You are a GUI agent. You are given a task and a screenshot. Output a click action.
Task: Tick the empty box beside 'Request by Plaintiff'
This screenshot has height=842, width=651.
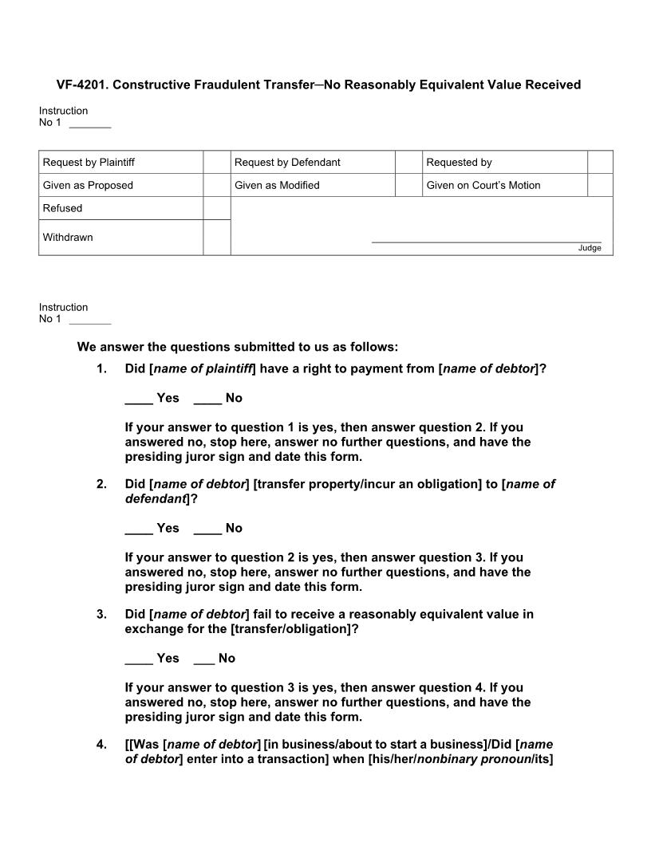216,162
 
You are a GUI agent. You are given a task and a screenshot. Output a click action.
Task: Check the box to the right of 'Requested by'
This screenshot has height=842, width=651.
600,162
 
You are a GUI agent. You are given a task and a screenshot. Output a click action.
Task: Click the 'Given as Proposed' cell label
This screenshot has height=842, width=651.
88,185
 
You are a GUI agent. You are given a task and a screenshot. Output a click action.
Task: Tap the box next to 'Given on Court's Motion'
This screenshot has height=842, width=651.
600,185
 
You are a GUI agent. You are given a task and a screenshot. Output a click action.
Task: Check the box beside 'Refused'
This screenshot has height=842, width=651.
216,208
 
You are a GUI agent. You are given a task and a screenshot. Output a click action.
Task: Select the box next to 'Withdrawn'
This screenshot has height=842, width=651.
216,238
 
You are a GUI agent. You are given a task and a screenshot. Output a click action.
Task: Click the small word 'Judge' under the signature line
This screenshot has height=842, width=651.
590,248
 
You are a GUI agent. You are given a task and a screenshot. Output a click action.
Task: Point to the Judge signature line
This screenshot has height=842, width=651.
486,241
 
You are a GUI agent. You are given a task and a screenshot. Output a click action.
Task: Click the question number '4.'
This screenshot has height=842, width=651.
101,745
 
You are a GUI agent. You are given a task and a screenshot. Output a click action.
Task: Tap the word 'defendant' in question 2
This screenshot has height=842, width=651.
156,498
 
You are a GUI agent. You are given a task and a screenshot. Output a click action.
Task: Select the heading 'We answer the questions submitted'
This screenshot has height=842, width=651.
237,347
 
